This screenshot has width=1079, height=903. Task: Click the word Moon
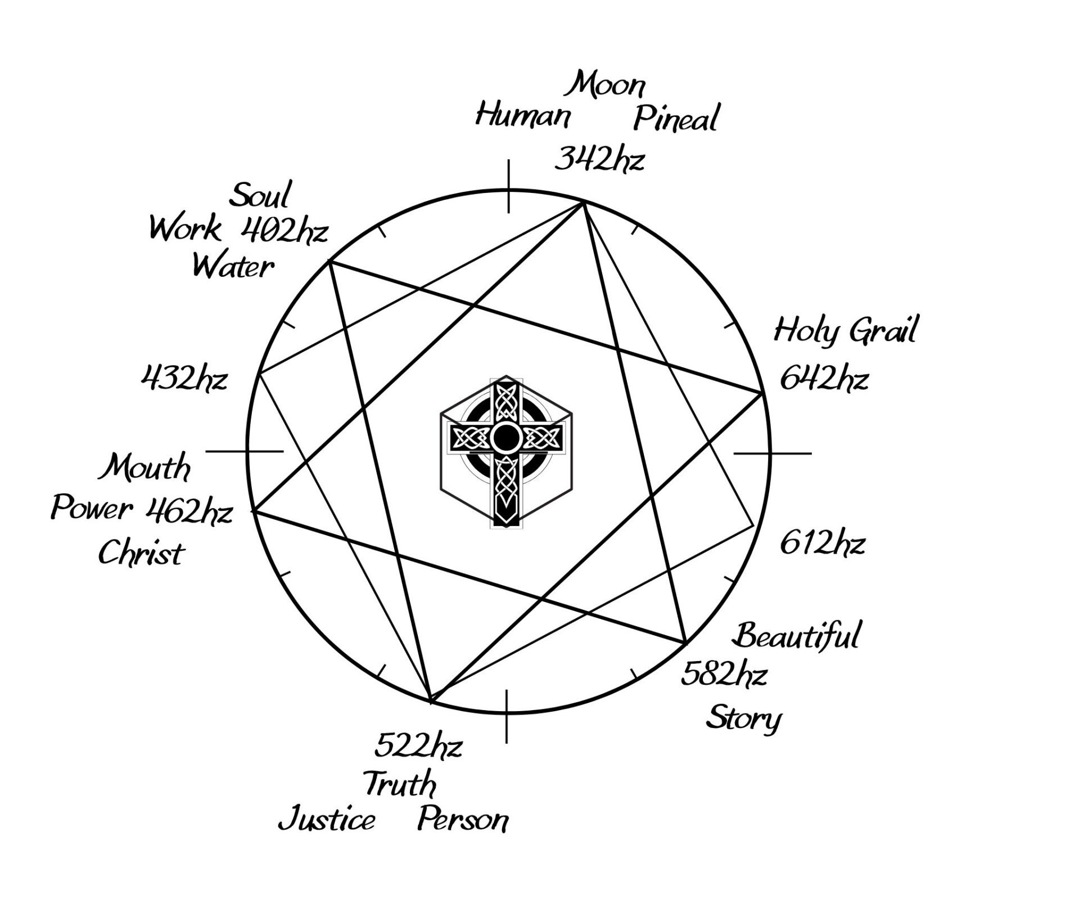607,86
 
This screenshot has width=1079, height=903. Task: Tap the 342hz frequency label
599,160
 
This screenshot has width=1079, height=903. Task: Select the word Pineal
676,119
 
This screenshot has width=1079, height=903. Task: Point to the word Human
523,116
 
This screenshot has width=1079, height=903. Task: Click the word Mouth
145,468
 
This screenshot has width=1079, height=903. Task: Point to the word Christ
141,554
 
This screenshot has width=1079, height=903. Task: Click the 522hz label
418,746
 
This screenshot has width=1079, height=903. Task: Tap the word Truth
400,784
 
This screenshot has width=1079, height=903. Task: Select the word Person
463,820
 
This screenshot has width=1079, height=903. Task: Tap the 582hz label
724,675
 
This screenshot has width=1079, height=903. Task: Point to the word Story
743,718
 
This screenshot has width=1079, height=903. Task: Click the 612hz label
822,543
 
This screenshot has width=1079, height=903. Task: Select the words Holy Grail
845,330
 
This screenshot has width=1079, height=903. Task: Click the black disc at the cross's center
506,437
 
